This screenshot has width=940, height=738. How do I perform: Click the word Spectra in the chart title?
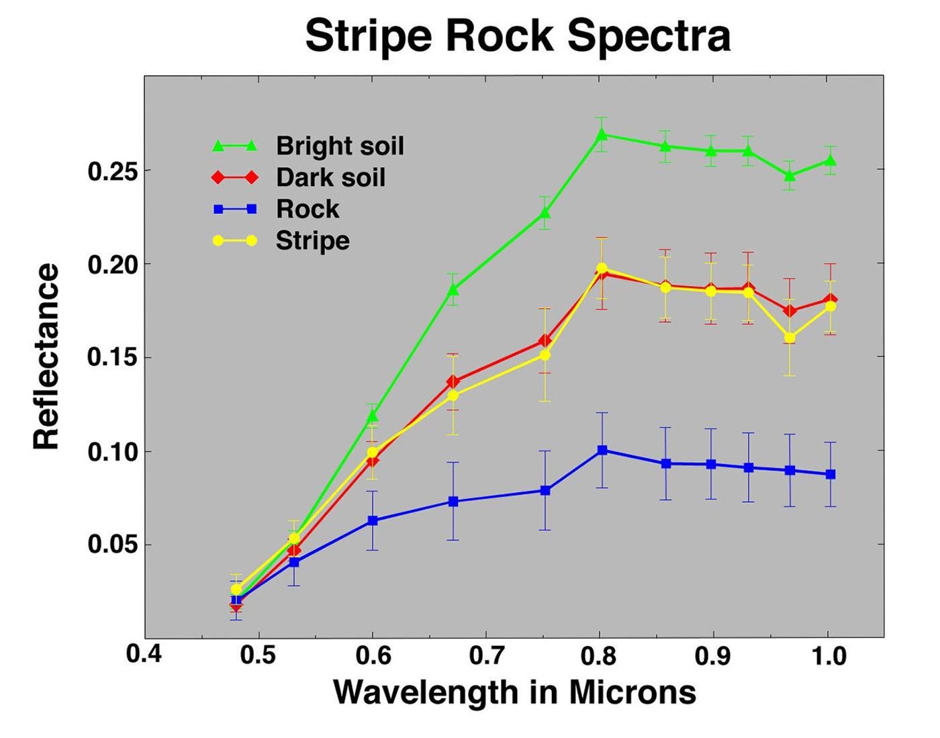(x=649, y=36)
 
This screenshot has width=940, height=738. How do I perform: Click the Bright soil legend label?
(x=340, y=146)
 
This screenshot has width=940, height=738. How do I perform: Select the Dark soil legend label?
(x=330, y=177)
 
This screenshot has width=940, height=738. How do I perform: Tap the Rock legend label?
(x=308, y=209)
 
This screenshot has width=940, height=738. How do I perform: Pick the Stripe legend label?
(x=312, y=240)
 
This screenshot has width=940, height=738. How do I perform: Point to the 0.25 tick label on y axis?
(x=113, y=171)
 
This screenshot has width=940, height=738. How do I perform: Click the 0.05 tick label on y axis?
(x=113, y=545)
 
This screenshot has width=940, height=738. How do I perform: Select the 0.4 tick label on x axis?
(x=144, y=654)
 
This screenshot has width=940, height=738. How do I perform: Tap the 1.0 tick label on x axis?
(x=829, y=655)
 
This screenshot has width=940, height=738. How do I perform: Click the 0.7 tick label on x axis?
(x=486, y=655)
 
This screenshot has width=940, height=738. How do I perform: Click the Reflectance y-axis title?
(x=47, y=357)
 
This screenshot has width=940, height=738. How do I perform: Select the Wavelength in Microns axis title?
(x=514, y=692)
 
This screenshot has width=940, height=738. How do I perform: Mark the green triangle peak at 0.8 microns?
(x=602, y=135)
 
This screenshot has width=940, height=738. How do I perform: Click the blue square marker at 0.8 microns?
(x=602, y=450)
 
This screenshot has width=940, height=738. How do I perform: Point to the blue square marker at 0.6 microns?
(x=373, y=520)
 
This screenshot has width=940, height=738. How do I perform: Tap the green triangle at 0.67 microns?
(x=453, y=289)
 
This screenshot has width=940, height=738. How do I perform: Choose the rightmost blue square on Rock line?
(x=831, y=474)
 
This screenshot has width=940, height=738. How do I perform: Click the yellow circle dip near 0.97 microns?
(x=790, y=338)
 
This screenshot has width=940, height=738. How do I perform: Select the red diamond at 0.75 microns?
(x=545, y=341)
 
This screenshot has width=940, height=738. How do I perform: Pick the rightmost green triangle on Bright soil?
(x=831, y=161)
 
